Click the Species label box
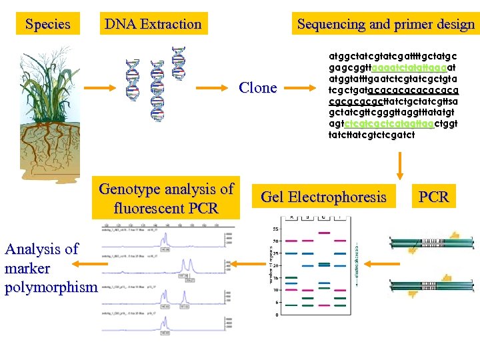47,25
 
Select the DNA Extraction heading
153,25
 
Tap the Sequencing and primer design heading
386,25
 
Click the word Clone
257,88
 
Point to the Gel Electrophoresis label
323,197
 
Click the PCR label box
433,197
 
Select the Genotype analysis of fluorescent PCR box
166,199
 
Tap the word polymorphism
51,287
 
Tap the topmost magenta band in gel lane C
324,233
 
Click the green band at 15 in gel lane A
291,277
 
